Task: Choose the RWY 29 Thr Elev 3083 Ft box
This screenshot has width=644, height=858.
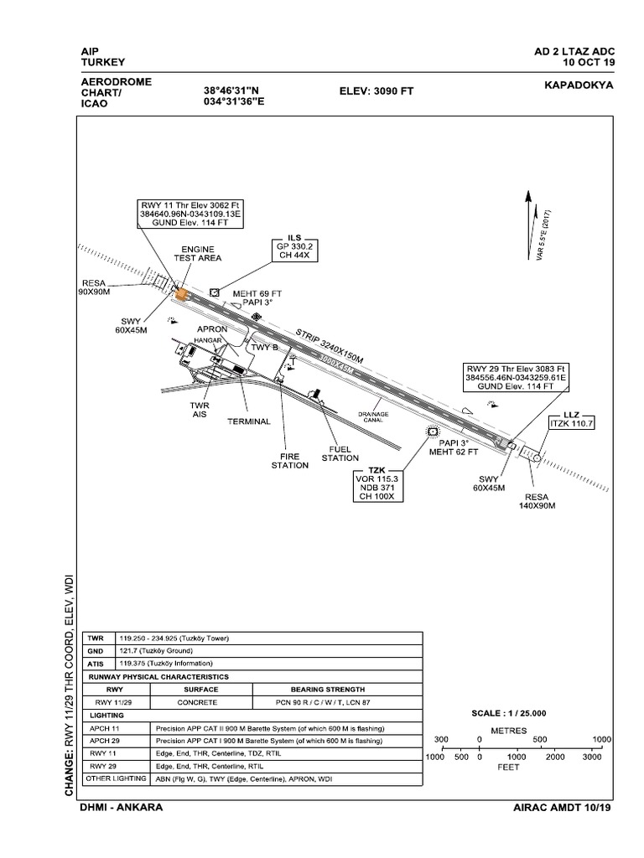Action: point(516,378)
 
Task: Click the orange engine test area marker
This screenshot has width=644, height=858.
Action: point(179,292)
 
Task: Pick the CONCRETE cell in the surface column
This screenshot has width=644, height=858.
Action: point(201,702)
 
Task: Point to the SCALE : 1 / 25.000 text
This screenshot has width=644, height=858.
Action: point(509,712)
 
